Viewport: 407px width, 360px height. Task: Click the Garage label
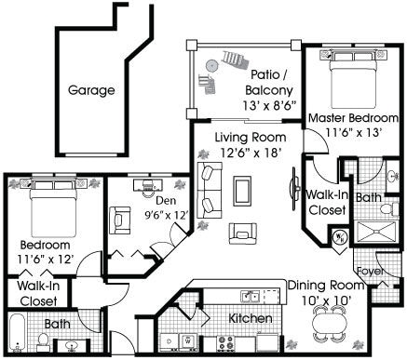tap(91, 91)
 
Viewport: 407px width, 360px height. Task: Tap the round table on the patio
tap(211, 66)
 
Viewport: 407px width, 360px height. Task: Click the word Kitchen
tap(251, 319)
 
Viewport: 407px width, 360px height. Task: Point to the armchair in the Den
tap(120, 220)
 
